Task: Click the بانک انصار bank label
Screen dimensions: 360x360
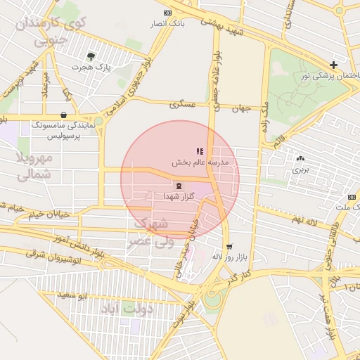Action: pos(167,24)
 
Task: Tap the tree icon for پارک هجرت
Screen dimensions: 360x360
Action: pos(91,56)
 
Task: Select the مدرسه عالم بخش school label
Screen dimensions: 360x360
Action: pos(205,162)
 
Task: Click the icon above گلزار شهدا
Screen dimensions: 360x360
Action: pos(178,186)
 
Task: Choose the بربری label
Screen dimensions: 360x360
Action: pos(301,169)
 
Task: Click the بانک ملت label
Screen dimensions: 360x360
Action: pos(345,207)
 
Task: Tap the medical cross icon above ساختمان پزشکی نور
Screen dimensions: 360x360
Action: pos(333,64)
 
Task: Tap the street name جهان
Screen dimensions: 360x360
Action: pos(243,109)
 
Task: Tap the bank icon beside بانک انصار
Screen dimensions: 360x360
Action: pos(167,13)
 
